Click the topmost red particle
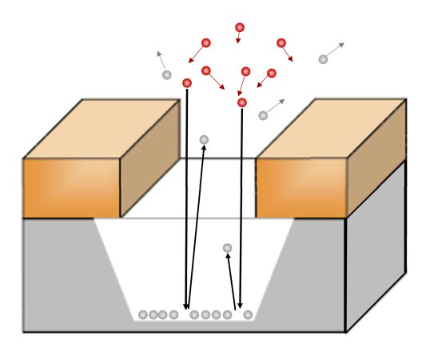240,27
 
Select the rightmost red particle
281,42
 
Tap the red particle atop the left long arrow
187,82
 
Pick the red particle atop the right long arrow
242,102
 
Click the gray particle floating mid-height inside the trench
228,248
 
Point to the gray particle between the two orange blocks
204,140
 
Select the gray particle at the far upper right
323,59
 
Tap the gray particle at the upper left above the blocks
166,75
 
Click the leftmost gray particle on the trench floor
143,314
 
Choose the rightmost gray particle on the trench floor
248,314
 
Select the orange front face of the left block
71,188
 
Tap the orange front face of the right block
301,188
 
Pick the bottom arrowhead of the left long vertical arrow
186,306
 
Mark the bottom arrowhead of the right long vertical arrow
240,306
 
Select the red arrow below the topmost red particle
239,38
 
